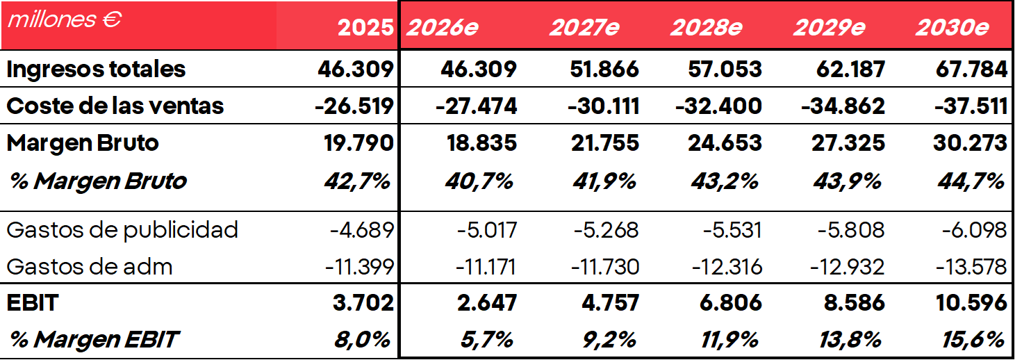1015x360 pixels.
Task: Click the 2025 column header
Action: coord(365,28)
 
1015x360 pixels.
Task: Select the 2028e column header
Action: coord(706,28)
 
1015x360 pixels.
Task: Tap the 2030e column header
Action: coord(952,28)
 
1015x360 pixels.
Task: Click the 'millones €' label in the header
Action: coord(65,19)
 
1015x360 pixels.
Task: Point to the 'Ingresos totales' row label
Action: coord(96,69)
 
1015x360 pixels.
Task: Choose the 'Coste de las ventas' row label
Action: coord(115,106)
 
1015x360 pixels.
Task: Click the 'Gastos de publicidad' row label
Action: coord(122,229)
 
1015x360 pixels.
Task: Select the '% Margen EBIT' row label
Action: coord(94,339)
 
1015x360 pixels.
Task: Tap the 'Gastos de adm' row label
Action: coord(90,266)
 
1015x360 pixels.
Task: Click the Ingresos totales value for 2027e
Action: coord(603,69)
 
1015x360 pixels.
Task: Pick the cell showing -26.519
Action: coord(354,106)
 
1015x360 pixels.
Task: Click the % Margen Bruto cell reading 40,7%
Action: coord(479,181)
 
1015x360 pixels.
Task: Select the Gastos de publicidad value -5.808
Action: coord(845,229)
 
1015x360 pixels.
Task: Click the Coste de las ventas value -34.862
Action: coord(843,106)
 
